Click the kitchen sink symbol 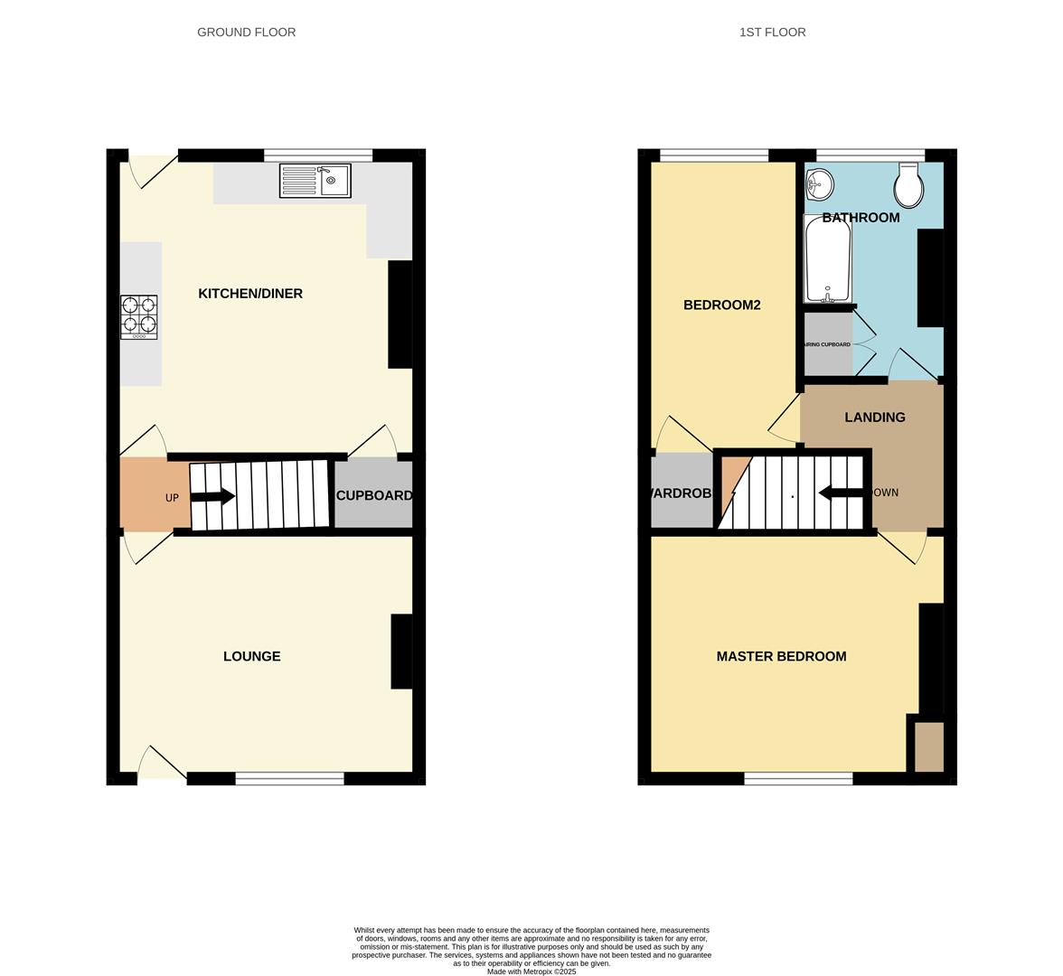(315, 181)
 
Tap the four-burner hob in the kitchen (139, 316)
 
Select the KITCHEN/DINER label (250, 294)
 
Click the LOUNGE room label (251, 656)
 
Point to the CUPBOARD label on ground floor (374, 495)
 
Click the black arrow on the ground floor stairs (213, 496)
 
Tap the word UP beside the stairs (172, 498)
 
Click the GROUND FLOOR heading (246, 32)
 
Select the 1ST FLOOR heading (772, 32)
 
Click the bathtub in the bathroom (827, 259)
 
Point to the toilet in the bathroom (908, 185)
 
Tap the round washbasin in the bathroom (819, 184)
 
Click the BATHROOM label (861, 218)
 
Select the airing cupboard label (827, 344)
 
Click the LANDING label (874, 418)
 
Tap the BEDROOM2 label (721, 305)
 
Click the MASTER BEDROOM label (781, 656)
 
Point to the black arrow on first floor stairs (840, 493)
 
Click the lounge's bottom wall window (289, 778)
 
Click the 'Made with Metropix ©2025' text (531, 971)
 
